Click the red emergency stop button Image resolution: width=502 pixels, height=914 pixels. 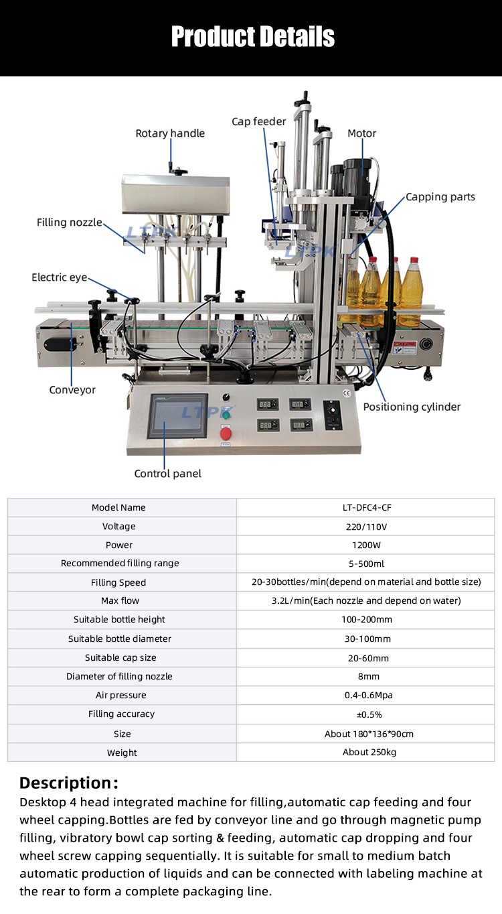pos(226,432)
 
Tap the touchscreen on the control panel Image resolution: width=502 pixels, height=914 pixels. pos(177,415)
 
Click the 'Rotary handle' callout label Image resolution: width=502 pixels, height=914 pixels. pos(170,133)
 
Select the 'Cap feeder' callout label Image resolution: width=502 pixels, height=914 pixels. pos(259,121)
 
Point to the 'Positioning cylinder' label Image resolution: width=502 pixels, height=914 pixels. pos(412,407)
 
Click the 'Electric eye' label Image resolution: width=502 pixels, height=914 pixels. pos(60,277)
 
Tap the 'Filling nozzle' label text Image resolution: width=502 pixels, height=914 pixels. pos(69,222)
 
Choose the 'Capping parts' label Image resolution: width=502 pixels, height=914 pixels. pos(440,197)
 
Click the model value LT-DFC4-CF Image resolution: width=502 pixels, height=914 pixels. pos(367,508)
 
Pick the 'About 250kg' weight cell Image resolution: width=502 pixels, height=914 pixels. pos(369,752)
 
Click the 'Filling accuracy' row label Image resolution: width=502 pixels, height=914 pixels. pos(121,714)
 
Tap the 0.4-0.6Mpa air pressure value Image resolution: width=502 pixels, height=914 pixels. pos(369,696)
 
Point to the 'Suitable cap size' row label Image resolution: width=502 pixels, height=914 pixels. pos(120,658)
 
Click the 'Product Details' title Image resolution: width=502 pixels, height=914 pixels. pos(252,36)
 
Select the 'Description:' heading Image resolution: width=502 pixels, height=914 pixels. pos(69,783)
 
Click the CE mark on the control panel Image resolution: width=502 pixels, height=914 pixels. pos(346,393)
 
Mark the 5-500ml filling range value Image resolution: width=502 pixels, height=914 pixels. pos(366,564)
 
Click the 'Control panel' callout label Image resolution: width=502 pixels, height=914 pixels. pos(168,474)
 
